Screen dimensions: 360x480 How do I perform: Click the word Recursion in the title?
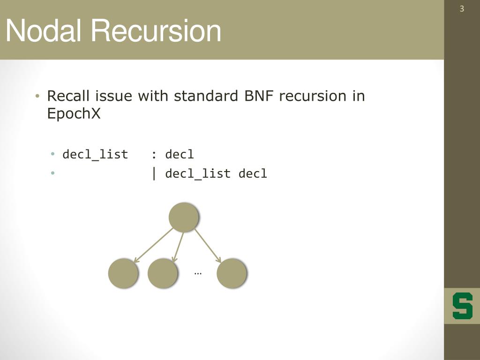click(x=156, y=31)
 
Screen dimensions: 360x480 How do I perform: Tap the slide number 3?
click(x=462, y=9)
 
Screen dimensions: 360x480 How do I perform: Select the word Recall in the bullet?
click(x=69, y=96)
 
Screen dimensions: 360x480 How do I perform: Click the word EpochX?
click(x=74, y=113)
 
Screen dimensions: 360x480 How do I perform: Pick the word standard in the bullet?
click(x=207, y=96)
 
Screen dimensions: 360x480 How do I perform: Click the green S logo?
click(x=462, y=306)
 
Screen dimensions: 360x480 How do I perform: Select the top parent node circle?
click(x=184, y=217)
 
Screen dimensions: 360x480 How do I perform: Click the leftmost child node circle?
click(x=123, y=273)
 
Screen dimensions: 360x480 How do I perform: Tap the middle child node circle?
click(x=163, y=273)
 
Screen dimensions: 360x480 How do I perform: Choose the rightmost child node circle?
click(x=232, y=273)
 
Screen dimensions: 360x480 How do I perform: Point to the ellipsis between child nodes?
click(x=197, y=272)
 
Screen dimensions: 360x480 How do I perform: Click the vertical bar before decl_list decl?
click(x=154, y=173)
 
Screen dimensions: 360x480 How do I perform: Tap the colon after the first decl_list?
click(x=154, y=155)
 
